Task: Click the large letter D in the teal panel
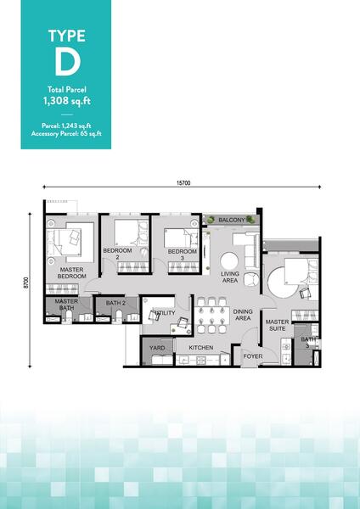pyautogui.click(x=67, y=63)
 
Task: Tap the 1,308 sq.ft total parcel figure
pyautogui.click(x=67, y=101)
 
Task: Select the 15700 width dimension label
pyautogui.click(x=183, y=183)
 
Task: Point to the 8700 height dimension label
pyautogui.click(x=26, y=282)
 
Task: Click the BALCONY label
pyautogui.click(x=231, y=220)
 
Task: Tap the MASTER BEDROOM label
pyautogui.click(x=72, y=272)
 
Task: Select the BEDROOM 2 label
pyautogui.click(x=117, y=254)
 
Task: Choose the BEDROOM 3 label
pyautogui.click(x=183, y=255)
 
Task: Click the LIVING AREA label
pyautogui.click(x=230, y=277)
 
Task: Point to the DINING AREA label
pyautogui.click(x=243, y=315)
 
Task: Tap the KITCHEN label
pyautogui.click(x=201, y=348)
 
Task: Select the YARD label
pyautogui.click(x=157, y=348)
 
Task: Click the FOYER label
pyautogui.click(x=253, y=356)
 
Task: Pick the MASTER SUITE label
pyautogui.click(x=277, y=325)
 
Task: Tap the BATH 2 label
pyautogui.click(x=115, y=303)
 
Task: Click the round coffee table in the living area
pyautogui.click(x=229, y=261)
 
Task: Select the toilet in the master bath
pyautogui.click(x=69, y=316)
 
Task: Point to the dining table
pyautogui.click(x=212, y=315)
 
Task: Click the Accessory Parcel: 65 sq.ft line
pyautogui.click(x=66, y=133)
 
